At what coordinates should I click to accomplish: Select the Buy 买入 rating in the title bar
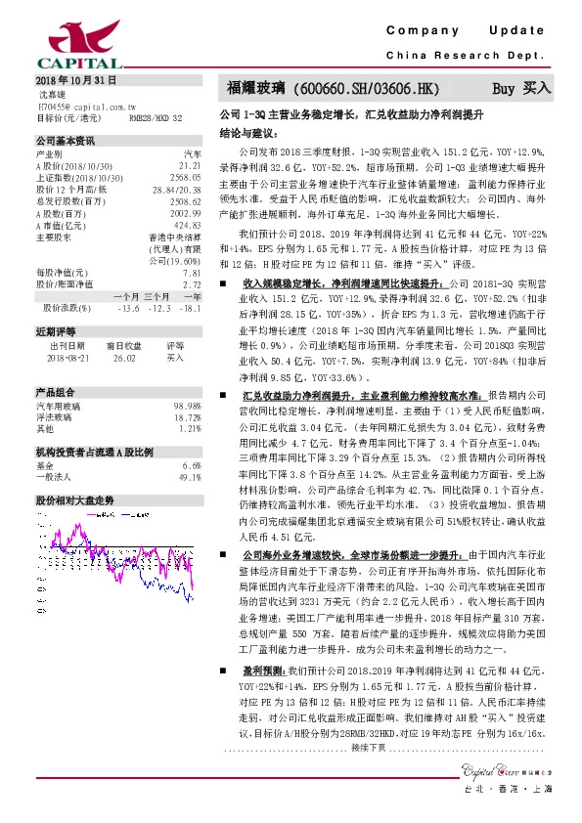pyautogui.click(x=521, y=88)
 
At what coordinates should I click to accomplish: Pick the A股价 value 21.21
pyautogui.click(x=191, y=167)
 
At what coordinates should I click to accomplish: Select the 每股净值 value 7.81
pyautogui.click(x=192, y=274)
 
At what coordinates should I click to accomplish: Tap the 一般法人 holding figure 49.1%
pyautogui.click(x=189, y=450)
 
